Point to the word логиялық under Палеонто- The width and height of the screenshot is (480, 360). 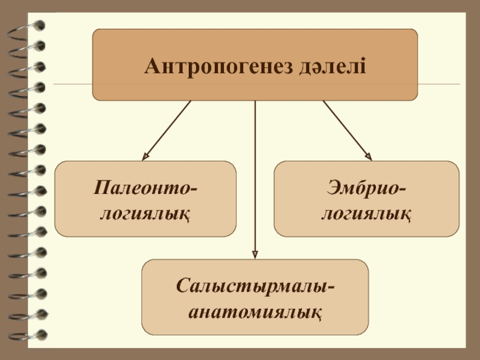pos(145,212)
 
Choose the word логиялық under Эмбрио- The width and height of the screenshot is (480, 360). pos(366,212)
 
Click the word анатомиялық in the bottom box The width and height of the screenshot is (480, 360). pos(256,311)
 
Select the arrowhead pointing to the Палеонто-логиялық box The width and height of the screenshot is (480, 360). pos(145,158)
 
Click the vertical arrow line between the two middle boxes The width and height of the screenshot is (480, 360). pos(256,180)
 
